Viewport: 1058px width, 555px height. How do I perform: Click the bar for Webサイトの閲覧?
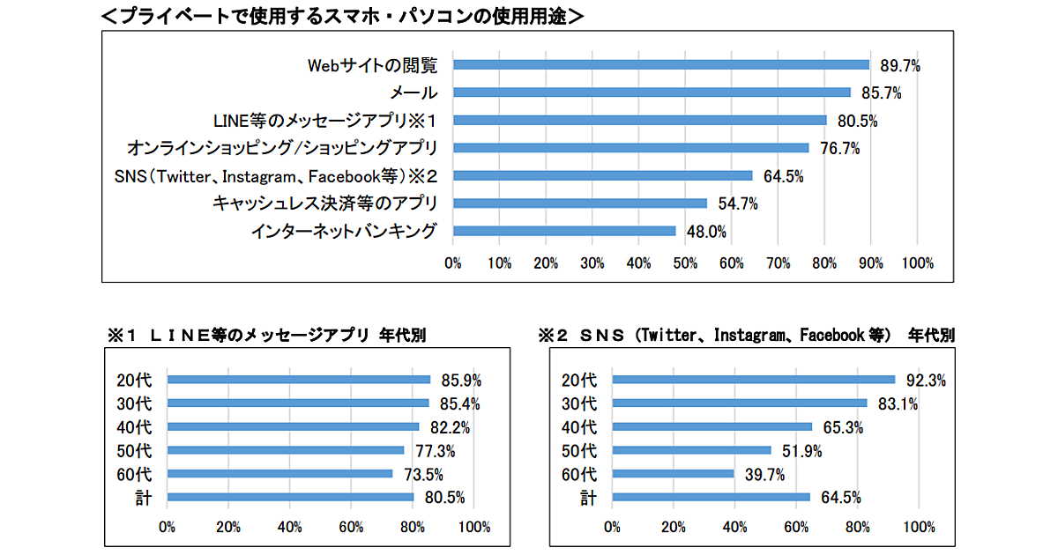tap(661, 64)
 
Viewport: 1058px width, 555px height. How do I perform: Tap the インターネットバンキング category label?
tap(343, 231)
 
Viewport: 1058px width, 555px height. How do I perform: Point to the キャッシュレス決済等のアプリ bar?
tap(580, 203)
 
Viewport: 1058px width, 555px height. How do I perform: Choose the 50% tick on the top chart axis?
tap(685, 263)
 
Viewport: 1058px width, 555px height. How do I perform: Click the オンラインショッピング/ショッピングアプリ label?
tap(282, 147)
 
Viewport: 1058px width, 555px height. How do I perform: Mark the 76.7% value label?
tap(839, 148)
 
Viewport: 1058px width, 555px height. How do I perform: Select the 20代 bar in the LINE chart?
tap(298, 380)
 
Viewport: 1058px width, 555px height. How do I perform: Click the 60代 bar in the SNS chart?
tap(673, 474)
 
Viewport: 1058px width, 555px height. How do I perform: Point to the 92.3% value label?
tap(925, 381)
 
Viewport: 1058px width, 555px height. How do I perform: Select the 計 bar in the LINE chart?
tap(290, 497)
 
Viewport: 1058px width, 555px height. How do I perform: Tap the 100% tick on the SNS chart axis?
tap(920, 527)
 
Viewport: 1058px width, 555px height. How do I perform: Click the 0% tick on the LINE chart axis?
tap(167, 527)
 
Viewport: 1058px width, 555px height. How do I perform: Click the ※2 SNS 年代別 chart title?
tap(745, 336)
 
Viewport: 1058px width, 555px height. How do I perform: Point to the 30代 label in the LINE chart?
tap(134, 404)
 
